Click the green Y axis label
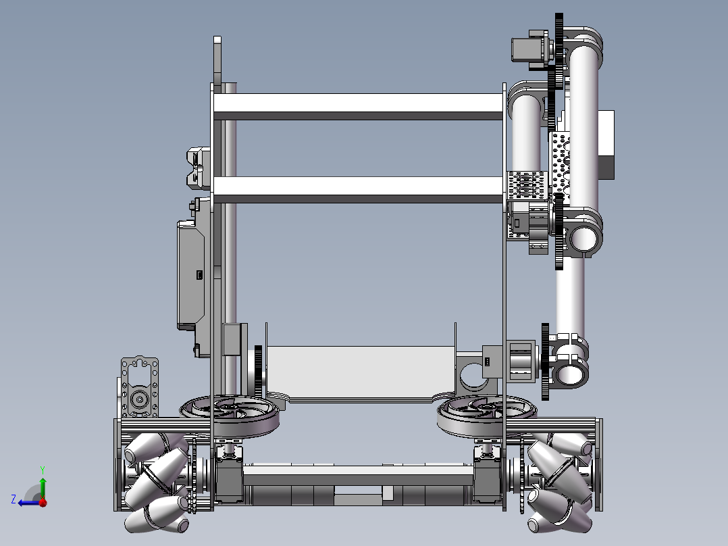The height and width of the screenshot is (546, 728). click(43, 470)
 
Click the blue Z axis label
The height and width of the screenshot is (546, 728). click(14, 499)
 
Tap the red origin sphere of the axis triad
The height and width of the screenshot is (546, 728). click(43, 502)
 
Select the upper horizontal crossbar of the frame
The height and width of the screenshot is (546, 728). click(358, 106)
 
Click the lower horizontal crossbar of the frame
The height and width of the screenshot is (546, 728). click(358, 190)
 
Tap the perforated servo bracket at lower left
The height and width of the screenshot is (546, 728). click(139, 388)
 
